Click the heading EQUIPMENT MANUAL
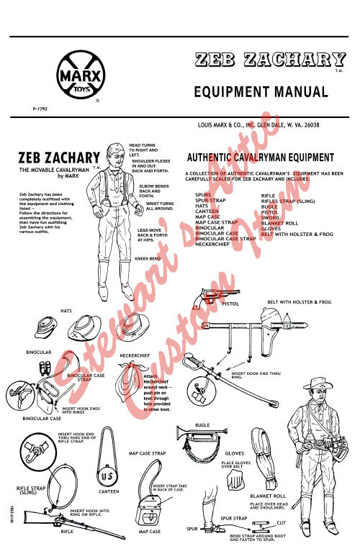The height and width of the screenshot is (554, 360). (x=261, y=92)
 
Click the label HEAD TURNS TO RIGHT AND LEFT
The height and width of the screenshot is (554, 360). (x=143, y=150)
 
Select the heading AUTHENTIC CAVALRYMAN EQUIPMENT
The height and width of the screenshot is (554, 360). (x=258, y=158)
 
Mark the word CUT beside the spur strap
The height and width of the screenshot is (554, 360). (x=282, y=522)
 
